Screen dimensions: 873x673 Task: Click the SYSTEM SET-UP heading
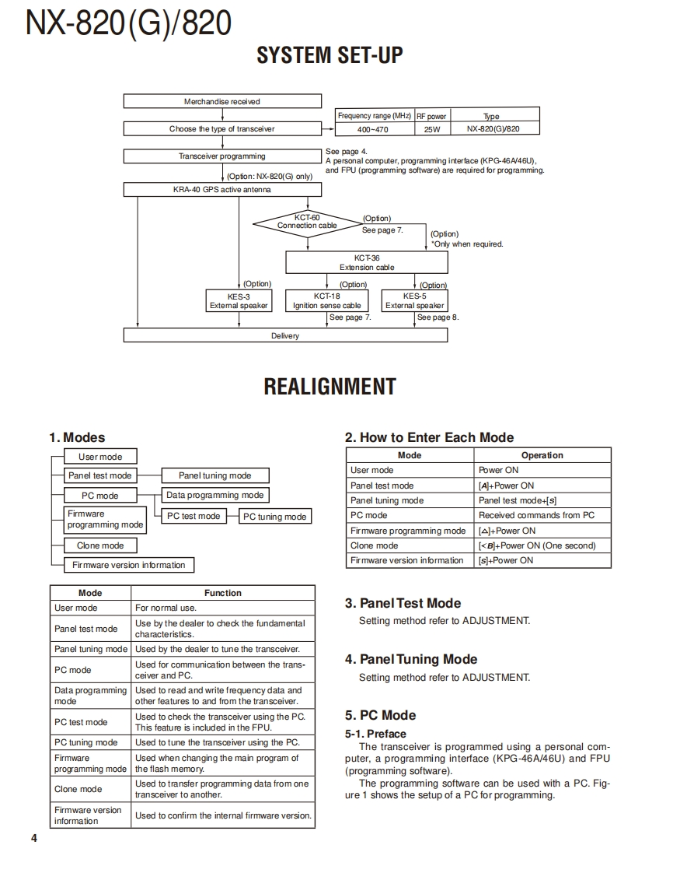[330, 56]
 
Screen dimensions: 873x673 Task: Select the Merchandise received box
[222, 101]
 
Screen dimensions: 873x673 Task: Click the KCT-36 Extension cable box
[367, 262]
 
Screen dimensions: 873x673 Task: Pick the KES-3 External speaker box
[239, 301]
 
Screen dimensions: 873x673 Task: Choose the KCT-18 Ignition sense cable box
[327, 301]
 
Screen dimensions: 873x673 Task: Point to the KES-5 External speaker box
[414, 301]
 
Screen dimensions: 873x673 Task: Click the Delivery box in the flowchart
[285, 335]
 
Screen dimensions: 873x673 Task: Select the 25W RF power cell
[431, 129]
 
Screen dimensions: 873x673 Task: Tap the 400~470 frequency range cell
[373, 129]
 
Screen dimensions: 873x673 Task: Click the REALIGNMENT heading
[330, 387]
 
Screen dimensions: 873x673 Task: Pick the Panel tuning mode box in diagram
[215, 475]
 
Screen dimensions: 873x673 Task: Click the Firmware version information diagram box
[129, 565]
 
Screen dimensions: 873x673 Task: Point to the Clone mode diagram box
[100, 545]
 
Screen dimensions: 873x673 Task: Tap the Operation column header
[542, 455]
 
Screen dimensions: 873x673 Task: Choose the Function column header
[223, 593]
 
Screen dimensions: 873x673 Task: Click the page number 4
[33, 838]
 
